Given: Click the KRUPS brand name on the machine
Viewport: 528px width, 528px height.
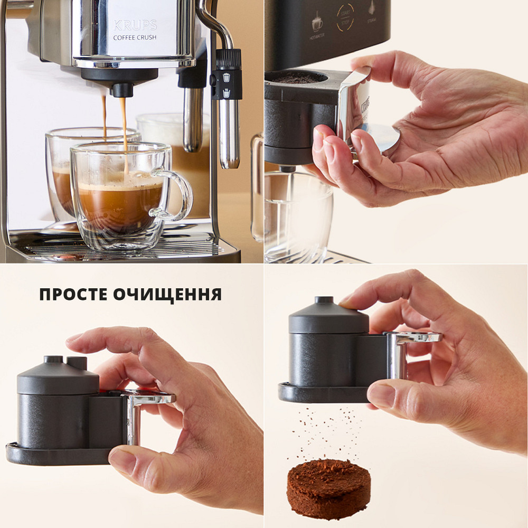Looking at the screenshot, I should pyautogui.click(x=135, y=25).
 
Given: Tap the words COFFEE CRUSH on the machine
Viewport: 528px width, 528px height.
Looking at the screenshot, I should pyautogui.click(x=134, y=37).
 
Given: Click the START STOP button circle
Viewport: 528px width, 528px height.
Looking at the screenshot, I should pyautogui.click(x=345, y=18).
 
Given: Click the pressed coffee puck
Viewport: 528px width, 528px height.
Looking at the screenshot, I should pyautogui.click(x=328, y=487).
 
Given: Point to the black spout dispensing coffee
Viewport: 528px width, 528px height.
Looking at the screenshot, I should pyautogui.click(x=122, y=89).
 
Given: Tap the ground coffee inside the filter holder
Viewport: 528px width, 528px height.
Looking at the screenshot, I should pyautogui.click(x=296, y=79).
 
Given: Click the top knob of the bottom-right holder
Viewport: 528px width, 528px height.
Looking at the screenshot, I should pyautogui.click(x=324, y=301).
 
